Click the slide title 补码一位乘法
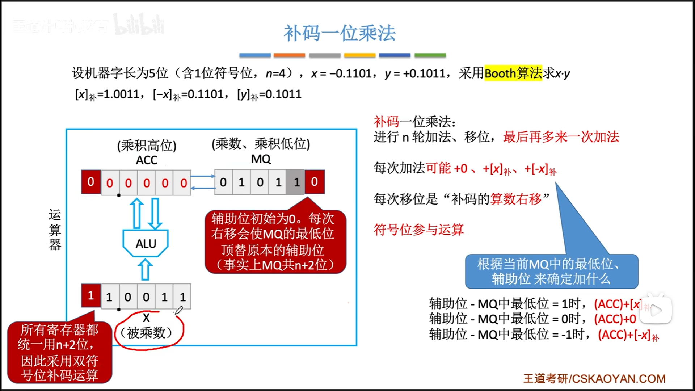pos(339,33)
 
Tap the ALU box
pos(146,243)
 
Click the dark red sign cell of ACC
pos(91,182)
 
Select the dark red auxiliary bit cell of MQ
pos(314,182)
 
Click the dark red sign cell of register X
pos(91,296)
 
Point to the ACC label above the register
pos(147,160)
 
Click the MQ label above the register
pos(261,159)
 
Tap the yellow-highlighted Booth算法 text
pos(513,73)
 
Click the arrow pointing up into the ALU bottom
pos(145,270)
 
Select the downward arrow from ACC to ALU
pos(155,214)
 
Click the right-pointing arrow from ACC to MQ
pos(203,176)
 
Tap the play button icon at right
pos(656,310)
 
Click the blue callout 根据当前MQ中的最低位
pos(551,272)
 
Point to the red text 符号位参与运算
pos(418,230)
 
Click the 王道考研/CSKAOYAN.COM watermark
pos(594,379)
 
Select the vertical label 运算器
pos(55,230)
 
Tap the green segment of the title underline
pos(430,55)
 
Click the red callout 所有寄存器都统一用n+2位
pos(59,352)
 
